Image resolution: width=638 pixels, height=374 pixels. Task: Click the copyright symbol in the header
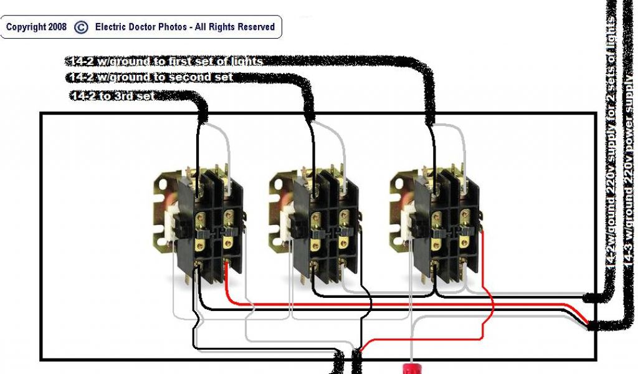[81, 27]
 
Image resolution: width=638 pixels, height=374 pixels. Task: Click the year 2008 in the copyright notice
[55, 27]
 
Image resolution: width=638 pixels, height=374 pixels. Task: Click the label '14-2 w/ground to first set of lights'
[164, 61]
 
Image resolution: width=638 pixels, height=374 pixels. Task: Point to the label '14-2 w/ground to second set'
[150, 77]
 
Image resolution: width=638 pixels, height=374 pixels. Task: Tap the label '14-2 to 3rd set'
[112, 96]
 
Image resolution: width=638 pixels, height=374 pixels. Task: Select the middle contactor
[315, 224]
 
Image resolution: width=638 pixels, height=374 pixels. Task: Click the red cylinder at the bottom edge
[411, 367]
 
